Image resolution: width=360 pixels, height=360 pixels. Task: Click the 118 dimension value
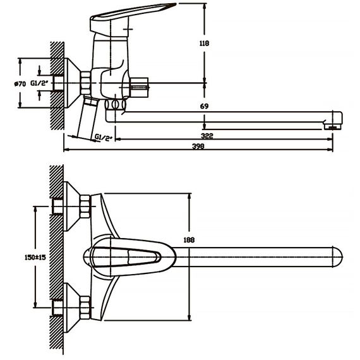204,44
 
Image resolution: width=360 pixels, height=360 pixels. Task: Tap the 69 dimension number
204,106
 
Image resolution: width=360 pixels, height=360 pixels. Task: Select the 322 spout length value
207,136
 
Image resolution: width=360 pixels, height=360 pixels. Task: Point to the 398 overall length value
198,147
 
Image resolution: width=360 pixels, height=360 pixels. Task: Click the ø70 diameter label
20,84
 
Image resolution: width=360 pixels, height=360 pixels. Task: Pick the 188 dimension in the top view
189,240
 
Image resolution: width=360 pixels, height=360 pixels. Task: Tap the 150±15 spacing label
35,258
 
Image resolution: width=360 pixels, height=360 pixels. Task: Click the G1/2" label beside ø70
39,83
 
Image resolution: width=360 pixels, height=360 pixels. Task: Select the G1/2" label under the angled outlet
104,138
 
